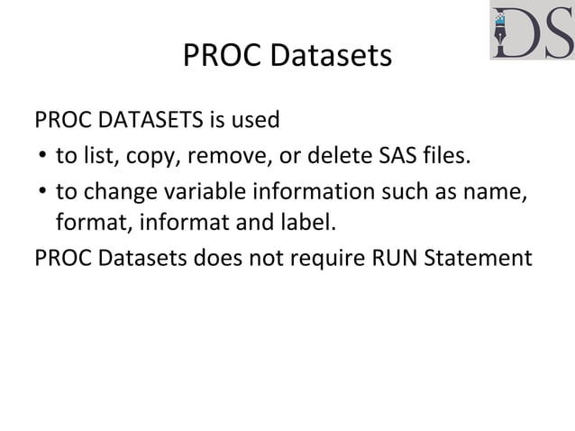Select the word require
click(x=316, y=259)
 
